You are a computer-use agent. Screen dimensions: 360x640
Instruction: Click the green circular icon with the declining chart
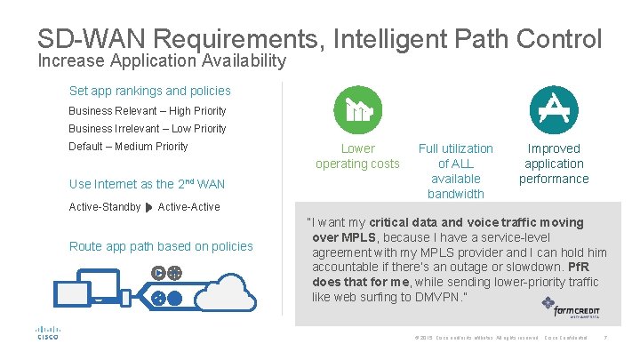point(357,110)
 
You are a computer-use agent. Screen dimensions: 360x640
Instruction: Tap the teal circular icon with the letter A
point(553,110)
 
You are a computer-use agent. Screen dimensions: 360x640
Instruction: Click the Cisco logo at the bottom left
point(47,332)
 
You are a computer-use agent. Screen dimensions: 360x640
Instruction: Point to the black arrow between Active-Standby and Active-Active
point(148,208)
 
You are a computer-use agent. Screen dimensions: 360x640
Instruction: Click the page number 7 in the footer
point(605,338)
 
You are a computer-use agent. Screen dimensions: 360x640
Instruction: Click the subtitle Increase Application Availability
point(162,60)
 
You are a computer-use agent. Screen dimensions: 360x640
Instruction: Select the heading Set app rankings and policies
point(149,91)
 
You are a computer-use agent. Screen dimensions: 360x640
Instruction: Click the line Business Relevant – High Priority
point(147,111)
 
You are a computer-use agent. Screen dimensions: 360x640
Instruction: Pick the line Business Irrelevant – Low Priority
point(147,129)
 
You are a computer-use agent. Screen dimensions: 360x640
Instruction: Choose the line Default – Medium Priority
point(128,147)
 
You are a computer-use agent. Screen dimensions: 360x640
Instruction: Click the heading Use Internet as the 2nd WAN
point(147,184)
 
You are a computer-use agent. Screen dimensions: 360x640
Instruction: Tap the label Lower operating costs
point(357,156)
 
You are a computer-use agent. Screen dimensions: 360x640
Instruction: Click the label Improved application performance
point(553,164)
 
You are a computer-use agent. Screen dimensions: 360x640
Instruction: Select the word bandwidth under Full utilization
point(455,194)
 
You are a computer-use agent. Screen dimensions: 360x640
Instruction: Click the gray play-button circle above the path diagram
point(158,273)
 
